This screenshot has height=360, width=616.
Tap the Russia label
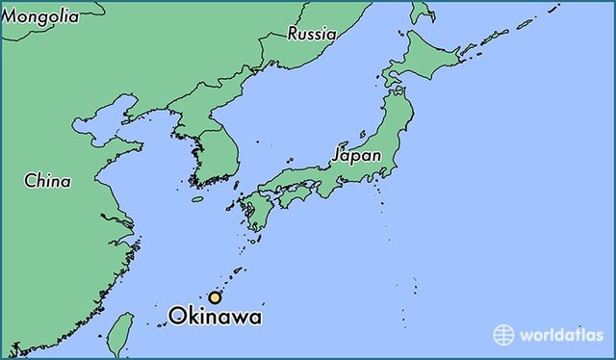point(312,34)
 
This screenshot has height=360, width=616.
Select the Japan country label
point(356,154)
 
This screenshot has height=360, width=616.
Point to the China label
point(47,179)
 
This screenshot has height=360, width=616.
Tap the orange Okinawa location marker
point(216,297)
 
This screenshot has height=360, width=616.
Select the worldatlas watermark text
point(563,335)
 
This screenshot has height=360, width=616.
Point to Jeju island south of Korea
point(198,199)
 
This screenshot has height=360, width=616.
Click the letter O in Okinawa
point(176,316)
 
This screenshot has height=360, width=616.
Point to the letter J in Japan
point(336,154)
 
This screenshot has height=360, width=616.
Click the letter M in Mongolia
point(12,17)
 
